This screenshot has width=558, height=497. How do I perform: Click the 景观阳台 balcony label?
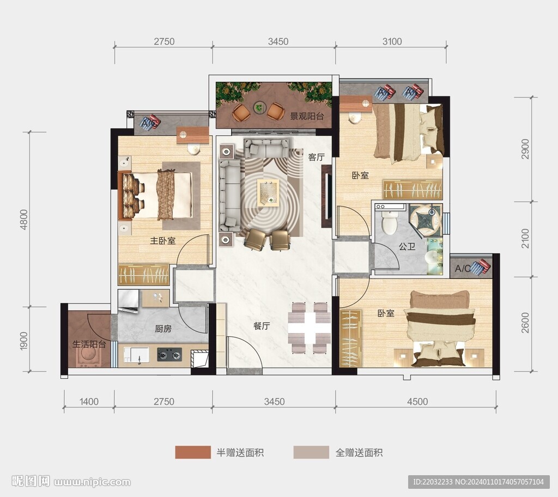pos(307,116)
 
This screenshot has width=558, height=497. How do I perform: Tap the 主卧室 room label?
pos(162,241)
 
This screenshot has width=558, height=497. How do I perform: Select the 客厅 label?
pos(317,157)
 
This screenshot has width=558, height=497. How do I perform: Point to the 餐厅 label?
pos(262,326)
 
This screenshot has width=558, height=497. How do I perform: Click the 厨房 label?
pos(163,328)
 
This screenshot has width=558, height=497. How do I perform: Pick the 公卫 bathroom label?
pos(407,246)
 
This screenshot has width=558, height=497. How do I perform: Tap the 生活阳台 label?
pos(89,344)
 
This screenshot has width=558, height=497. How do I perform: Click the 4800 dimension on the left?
pos(24,219)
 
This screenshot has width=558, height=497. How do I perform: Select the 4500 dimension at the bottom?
pos(417,402)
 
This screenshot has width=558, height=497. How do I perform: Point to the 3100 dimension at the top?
pos(392,41)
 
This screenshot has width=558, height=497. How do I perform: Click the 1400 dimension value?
pos(89,402)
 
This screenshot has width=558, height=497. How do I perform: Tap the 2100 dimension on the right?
pos(525,239)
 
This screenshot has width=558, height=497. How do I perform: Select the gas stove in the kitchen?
pos(169,354)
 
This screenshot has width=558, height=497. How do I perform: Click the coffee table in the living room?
pos(268,192)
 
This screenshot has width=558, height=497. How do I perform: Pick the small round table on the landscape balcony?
pos(259,106)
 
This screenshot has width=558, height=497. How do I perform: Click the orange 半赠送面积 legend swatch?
pos(193,452)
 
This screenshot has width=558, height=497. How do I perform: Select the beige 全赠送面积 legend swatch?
pos(311,452)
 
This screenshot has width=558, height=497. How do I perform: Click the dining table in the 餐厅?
pos(310,328)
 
